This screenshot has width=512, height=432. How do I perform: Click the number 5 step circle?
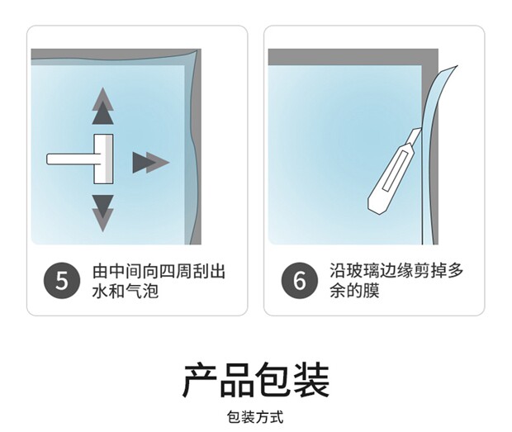(x=62, y=281)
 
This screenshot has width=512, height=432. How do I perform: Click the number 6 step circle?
(x=300, y=281)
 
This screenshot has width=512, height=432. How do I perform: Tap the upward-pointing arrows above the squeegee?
(x=103, y=106)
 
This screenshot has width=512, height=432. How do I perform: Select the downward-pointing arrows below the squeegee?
(x=103, y=213)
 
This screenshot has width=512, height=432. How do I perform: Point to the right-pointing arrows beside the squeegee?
(x=151, y=162)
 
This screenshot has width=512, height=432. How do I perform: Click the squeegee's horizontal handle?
(x=70, y=159)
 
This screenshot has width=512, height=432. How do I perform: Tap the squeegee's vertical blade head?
(x=104, y=159)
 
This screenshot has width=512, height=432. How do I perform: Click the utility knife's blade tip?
(x=419, y=130)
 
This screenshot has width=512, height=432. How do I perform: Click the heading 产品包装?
(x=256, y=381)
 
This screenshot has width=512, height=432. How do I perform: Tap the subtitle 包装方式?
(x=255, y=417)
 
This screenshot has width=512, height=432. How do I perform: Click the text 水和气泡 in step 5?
(x=125, y=291)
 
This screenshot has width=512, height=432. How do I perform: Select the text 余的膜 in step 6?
(x=354, y=290)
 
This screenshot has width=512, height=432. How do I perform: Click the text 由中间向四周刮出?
(x=159, y=272)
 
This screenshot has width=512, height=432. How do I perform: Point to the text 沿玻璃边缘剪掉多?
(x=396, y=271)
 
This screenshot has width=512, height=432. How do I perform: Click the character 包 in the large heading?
(x=273, y=381)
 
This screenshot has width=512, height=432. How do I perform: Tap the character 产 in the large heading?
(x=200, y=381)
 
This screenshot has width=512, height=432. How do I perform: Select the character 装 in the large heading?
(x=311, y=381)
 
